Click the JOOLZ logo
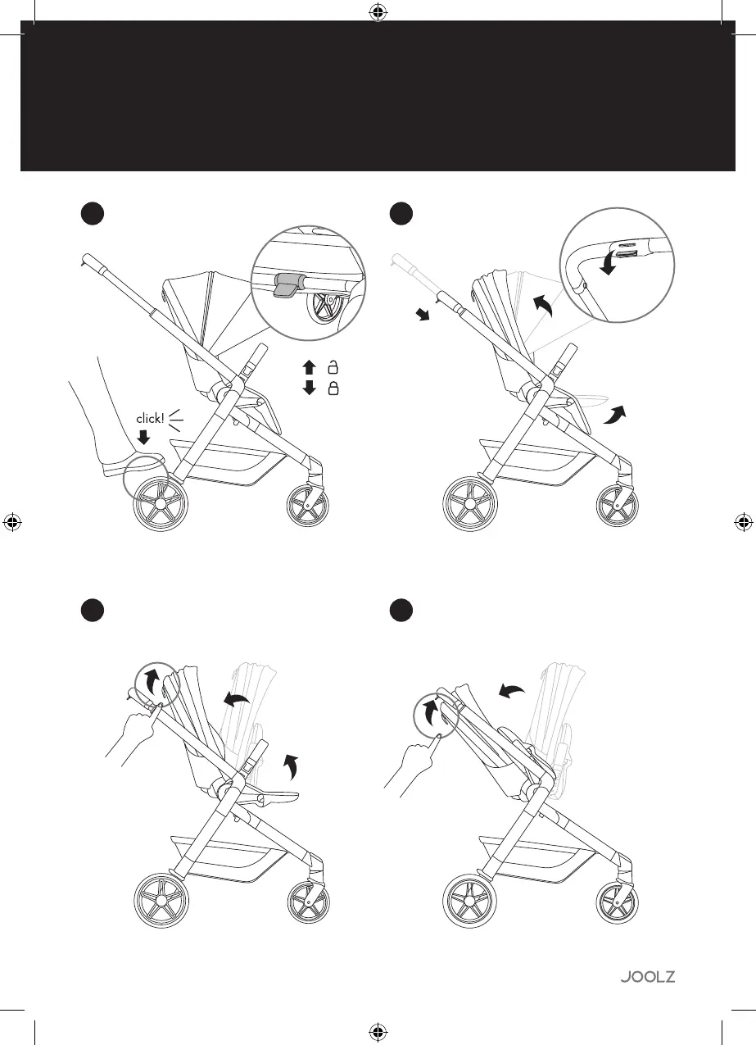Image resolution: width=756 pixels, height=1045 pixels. point(646,977)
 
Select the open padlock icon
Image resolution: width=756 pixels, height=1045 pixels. point(334,367)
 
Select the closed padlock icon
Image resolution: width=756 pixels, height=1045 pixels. point(334,388)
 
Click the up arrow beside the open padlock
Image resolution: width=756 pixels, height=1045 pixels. point(309,367)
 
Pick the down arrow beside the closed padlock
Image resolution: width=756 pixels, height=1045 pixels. point(309,388)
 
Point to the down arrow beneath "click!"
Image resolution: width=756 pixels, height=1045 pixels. point(146,438)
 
